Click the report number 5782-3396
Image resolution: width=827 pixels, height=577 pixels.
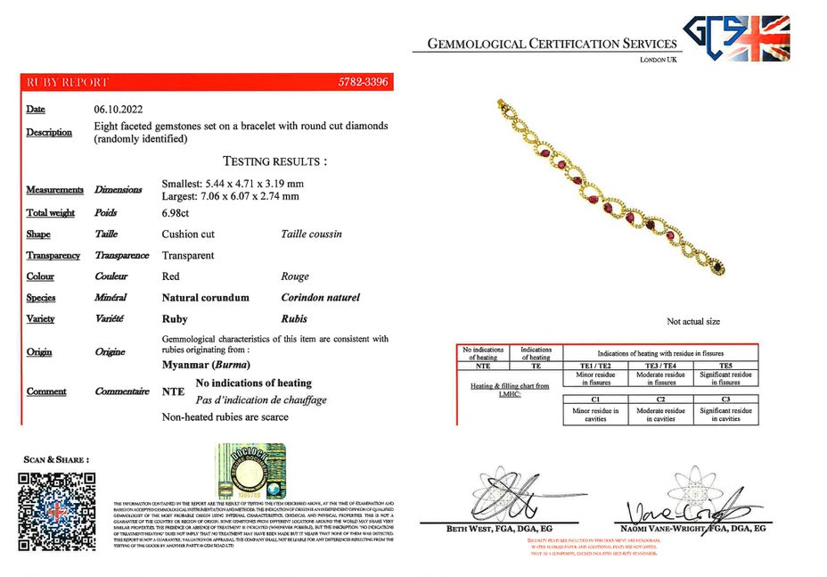click(x=363, y=82)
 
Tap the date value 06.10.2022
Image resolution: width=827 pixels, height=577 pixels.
click(x=119, y=109)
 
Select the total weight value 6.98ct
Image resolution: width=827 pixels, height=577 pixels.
click(x=176, y=213)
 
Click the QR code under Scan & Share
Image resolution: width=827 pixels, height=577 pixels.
click(x=57, y=505)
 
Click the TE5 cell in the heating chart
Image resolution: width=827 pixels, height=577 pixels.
click(x=725, y=366)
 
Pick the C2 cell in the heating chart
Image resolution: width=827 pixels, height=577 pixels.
click(x=660, y=400)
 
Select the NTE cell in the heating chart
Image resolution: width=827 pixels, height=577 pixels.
click(x=483, y=366)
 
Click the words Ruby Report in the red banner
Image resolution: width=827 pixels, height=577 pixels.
click(x=67, y=82)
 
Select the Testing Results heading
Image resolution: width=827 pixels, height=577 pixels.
click(x=274, y=161)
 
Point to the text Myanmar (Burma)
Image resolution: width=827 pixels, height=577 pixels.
click(x=206, y=365)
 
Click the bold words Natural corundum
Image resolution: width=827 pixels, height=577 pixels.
click(x=205, y=298)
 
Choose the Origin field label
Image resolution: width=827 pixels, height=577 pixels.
click(x=39, y=352)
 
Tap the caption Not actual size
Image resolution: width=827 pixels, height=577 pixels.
click(x=693, y=322)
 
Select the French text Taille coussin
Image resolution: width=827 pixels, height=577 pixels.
click(x=311, y=235)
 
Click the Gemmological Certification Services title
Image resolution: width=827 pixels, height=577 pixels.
click(x=553, y=44)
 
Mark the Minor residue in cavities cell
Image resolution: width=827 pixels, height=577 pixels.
click(x=595, y=415)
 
